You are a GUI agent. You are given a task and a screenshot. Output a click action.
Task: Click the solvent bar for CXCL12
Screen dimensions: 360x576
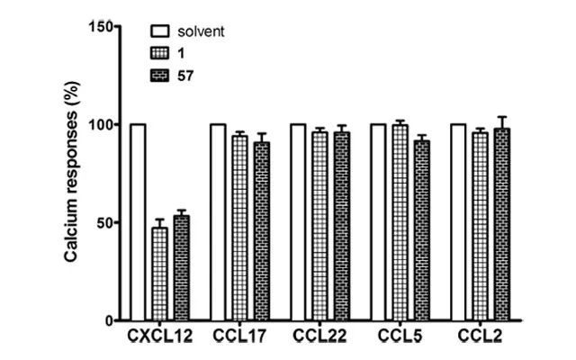click(x=138, y=221)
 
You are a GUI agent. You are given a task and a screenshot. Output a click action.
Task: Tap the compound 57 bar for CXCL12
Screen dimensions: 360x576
click(x=181, y=267)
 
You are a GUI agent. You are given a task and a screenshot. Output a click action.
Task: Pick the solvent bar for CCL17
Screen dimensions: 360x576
click(x=218, y=221)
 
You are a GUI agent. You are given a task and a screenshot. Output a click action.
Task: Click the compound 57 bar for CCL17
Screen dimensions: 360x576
click(x=261, y=231)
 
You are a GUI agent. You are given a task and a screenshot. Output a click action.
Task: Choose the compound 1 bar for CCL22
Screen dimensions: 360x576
click(x=319, y=226)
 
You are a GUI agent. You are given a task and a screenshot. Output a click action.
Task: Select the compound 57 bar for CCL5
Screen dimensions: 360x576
click(x=421, y=230)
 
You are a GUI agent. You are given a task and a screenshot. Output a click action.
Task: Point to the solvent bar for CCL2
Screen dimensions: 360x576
click(x=458, y=221)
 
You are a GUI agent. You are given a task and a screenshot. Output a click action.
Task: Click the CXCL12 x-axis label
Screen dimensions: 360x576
click(x=158, y=337)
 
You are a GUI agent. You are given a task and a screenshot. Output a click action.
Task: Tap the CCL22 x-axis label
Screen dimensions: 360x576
click(x=319, y=337)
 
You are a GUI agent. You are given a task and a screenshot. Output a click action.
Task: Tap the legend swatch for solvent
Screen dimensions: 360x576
click(x=158, y=32)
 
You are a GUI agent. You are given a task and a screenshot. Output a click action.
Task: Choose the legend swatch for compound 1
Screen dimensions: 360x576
click(x=158, y=55)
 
